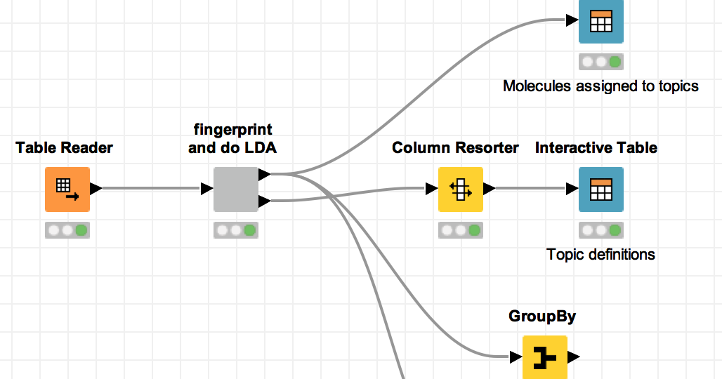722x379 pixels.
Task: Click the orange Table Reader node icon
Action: pyautogui.click(x=67, y=189)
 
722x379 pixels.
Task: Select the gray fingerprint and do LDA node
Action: pyautogui.click(x=236, y=189)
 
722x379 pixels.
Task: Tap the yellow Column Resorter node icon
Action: pyautogui.click(x=461, y=189)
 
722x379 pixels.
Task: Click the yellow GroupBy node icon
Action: pyautogui.click(x=544, y=358)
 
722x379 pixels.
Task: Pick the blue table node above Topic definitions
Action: pyautogui.click(x=600, y=189)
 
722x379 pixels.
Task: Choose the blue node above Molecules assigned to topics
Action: pyautogui.click(x=600, y=21)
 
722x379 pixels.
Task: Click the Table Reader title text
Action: pyautogui.click(x=64, y=148)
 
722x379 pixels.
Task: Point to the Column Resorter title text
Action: pyautogui.click(x=455, y=148)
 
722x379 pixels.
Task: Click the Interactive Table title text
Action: pyautogui.click(x=596, y=148)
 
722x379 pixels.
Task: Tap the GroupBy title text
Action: pyautogui.click(x=542, y=317)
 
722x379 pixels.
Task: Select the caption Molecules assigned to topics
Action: pyautogui.click(x=600, y=86)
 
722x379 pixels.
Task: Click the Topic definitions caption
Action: pyautogui.click(x=600, y=255)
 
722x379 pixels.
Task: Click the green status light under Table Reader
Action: pyautogui.click(x=81, y=230)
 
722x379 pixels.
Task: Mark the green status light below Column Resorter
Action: pyautogui.click(x=475, y=230)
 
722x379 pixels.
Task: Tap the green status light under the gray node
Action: pyautogui.click(x=250, y=230)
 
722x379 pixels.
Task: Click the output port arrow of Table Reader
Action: pyautogui.click(x=96, y=189)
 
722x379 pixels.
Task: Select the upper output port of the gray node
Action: pyautogui.click(x=264, y=174)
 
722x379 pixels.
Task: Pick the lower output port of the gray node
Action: pyautogui.click(x=264, y=202)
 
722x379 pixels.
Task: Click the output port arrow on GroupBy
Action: pyautogui.click(x=573, y=357)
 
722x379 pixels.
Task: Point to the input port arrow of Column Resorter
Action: pyautogui.click(x=432, y=189)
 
